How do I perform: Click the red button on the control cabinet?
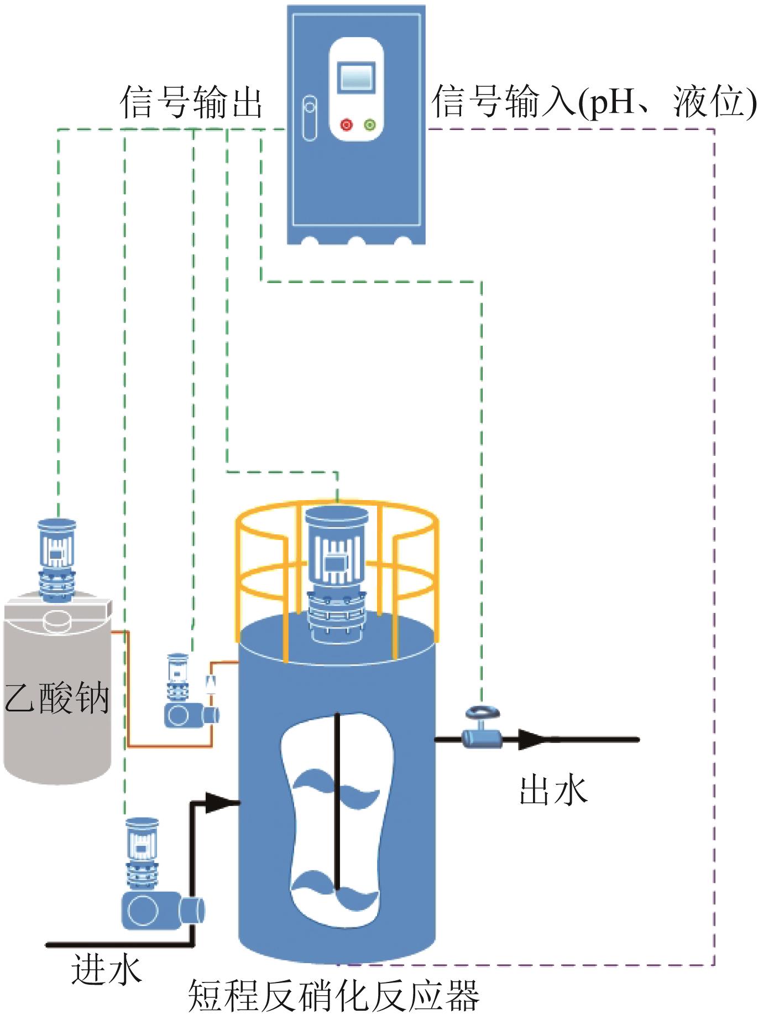pyautogui.click(x=346, y=125)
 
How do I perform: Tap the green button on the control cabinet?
pyautogui.click(x=370, y=125)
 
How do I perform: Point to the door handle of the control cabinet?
pyautogui.click(x=310, y=118)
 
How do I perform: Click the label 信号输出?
pyautogui.click(x=191, y=102)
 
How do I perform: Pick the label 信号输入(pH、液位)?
pyautogui.click(x=593, y=102)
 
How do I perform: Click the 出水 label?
pyautogui.click(x=553, y=790)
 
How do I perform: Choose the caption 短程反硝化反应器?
pyautogui.click(x=333, y=996)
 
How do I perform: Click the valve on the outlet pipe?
pyautogui.click(x=480, y=728)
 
